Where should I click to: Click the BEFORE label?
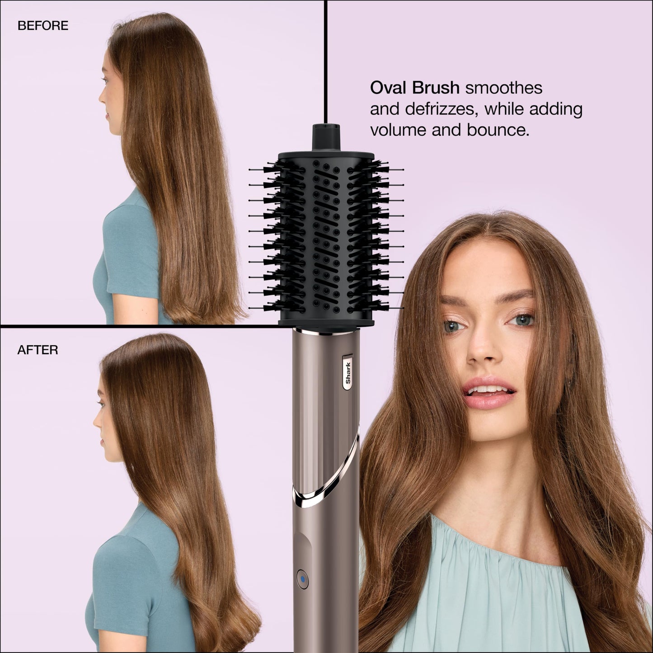[x=43, y=26]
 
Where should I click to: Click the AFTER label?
[x=38, y=350]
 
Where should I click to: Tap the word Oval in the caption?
[x=388, y=88]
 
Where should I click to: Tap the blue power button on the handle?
[x=302, y=578]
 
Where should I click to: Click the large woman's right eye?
[x=452, y=325]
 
